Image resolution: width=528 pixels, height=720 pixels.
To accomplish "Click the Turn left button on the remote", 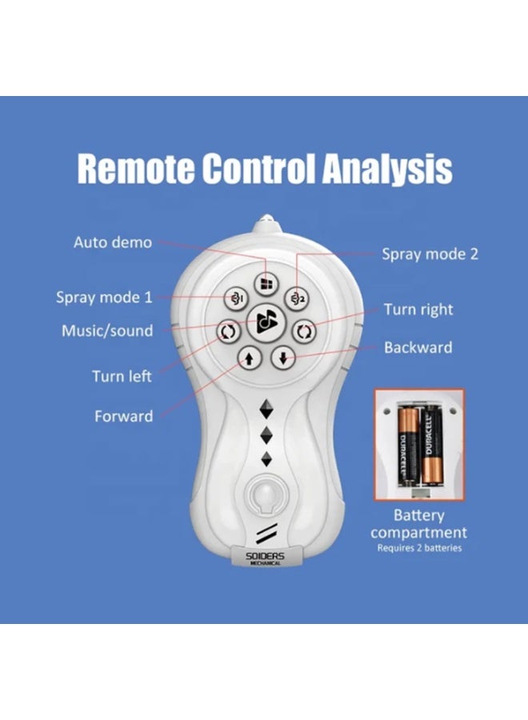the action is point(228,331).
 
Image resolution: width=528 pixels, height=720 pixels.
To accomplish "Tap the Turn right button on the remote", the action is point(304,331).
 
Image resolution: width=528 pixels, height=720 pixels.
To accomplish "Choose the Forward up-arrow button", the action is point(250,358).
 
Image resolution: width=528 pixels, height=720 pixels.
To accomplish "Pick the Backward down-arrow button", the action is point(283,358).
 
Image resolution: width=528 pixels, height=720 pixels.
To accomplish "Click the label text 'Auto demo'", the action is point(113,242).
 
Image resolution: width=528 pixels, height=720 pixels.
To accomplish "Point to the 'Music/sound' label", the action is point(107,330).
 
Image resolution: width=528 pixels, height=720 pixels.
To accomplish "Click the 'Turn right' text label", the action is point(418,310).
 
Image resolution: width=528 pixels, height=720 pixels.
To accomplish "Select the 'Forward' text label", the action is point(123,416).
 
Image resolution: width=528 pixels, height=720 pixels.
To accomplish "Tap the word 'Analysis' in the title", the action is point(387,169).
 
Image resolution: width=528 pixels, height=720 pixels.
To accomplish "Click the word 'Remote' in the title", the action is point(136,168).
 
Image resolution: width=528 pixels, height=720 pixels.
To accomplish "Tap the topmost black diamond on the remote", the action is point(266,409).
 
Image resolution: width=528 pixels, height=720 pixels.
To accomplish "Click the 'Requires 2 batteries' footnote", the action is point(419,548).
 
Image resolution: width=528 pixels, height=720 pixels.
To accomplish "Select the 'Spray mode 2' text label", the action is point(430,254).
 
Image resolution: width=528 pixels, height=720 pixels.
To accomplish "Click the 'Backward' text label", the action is point(418,347).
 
